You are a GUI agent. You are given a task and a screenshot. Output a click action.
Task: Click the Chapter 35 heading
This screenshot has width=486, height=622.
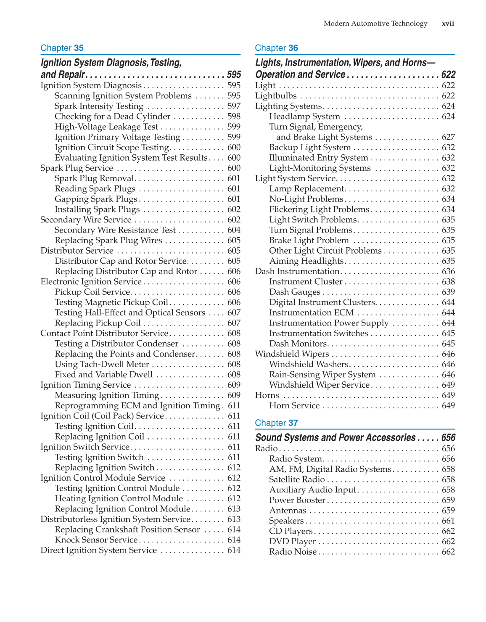click(62, 48)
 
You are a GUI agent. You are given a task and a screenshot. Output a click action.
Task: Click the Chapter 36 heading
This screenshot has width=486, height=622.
click(276, 48)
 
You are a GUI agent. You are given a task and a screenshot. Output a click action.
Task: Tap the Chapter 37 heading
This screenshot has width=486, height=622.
click(276, 423)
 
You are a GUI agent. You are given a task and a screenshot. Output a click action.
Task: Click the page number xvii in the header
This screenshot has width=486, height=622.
click(448, 24)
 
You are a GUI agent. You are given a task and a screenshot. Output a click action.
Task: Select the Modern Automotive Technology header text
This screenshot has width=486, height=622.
click(375, 24)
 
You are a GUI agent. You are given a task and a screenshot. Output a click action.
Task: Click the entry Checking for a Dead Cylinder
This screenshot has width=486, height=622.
click(112, 116)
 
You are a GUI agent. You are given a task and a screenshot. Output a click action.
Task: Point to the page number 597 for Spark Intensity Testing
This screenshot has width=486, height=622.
click(234, 106)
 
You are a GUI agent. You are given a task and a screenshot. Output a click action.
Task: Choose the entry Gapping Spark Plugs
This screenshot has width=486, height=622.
click(96, 199)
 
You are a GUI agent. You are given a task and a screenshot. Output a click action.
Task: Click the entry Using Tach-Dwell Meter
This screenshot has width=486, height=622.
click(102, 364)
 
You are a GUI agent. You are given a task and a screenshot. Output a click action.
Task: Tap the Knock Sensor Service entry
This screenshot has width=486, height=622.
click(96, 540)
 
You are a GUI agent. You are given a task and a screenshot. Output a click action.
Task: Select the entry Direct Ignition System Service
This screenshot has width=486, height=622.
click(98, 550)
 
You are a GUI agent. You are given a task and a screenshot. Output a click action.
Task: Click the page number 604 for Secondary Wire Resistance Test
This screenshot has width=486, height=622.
click(234, 230)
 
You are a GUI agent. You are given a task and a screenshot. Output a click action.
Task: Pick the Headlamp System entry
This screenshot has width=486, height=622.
click(304, 116)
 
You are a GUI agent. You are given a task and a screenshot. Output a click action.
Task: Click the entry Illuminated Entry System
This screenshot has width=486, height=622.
click(318, 158)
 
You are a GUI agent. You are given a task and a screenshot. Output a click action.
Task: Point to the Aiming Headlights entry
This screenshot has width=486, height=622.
click(306, 261)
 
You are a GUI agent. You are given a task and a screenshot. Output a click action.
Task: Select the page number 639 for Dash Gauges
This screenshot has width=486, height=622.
click(448, 292)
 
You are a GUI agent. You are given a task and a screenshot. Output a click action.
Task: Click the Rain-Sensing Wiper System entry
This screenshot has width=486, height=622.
click(322, 375)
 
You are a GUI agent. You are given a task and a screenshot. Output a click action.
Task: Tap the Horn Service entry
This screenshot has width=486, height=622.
click(294, 406)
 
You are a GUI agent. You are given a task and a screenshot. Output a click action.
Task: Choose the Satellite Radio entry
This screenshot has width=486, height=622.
click(297, 479)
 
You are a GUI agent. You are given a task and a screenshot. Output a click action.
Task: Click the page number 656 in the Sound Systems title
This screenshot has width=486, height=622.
click(448, 438)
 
